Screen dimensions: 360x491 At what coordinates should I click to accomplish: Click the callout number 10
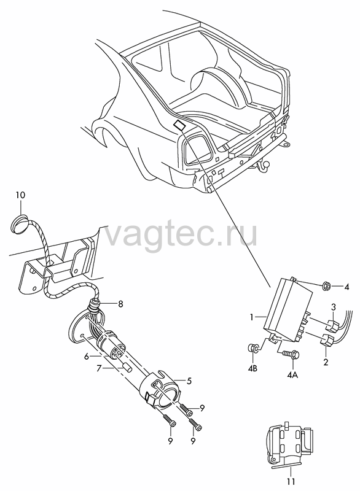(x=21, y=195)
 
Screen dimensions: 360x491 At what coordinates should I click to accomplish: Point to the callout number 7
(x=99, y=369)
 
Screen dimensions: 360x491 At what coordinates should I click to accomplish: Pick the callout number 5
(x=189, y=381)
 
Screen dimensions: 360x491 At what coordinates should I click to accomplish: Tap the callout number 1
(x=252, y=317)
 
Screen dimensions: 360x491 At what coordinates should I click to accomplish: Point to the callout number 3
(x=334, y=306)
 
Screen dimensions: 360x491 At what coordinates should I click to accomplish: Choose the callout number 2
(x=326, y=363)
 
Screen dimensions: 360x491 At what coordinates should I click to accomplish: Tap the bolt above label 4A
(x=292, y=354)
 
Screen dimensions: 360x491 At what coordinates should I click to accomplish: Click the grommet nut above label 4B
(x=252, y=347)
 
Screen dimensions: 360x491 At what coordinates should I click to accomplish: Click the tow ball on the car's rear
(x=261, y=164)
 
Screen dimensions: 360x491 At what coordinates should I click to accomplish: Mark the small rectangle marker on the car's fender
(x=179, y=125)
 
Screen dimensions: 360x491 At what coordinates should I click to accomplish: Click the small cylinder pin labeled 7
(x=128, y=368)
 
